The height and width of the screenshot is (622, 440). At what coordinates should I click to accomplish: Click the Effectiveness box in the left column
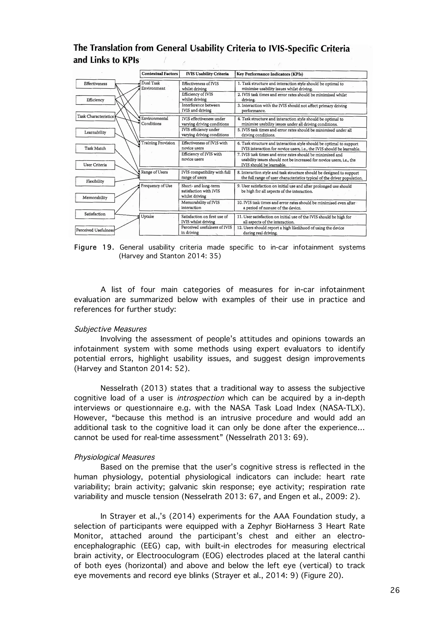[x=95, y=84]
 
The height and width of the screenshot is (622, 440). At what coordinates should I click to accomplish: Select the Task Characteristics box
[x=95, y=116]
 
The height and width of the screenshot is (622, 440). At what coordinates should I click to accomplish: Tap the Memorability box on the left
[x=95, y=198]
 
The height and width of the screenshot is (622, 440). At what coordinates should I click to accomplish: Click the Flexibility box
[x=95, y=181]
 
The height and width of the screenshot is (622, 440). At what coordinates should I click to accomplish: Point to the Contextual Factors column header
[x=160, y=74]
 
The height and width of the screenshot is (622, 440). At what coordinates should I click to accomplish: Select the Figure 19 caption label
[x=93, y=247]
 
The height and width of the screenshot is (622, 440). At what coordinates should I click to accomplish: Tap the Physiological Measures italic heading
[x=114, y=457]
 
